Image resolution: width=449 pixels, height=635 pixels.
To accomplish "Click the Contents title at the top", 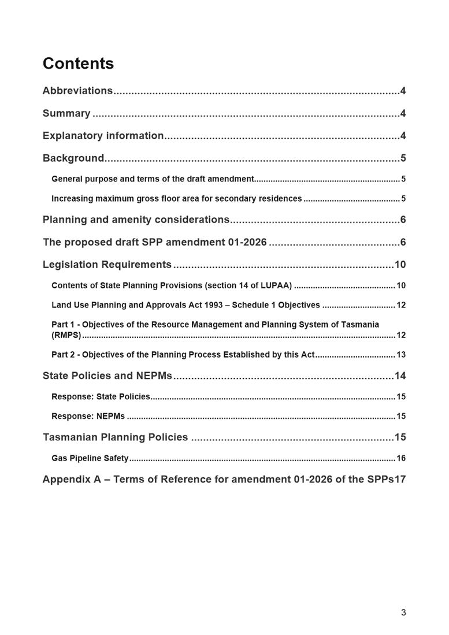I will click(x=78, y=64).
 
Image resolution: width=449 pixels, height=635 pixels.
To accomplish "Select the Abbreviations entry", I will click(x=77, y=91).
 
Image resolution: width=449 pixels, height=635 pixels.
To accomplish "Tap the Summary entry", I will click(x=66, y=113).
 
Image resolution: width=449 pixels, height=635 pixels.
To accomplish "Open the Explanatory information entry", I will click(x=103, y=136).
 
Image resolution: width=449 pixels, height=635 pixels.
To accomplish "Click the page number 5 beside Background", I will click(x=403, y=158).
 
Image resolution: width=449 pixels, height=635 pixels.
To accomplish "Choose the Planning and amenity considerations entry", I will click(x=136, y=220).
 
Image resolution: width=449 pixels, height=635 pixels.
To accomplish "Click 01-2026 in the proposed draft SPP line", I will click(x=247, y=242).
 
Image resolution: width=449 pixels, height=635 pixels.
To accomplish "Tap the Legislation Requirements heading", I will click(x=107, y=265).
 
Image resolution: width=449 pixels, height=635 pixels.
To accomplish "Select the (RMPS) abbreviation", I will click(x=66, y=335).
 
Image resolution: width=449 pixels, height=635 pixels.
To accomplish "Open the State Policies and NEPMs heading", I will click(x=107, y=376).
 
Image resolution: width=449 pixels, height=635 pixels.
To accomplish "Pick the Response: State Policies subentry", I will click(x=101, y=397).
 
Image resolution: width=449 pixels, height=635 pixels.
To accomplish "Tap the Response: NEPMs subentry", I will click(x=88, y=416).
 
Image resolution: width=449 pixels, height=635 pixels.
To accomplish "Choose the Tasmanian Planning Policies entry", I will click(x=115, y=437).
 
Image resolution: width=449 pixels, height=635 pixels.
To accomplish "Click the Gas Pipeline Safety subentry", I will click(x=90, y=458).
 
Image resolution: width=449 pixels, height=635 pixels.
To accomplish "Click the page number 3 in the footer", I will click(x=403, y=613).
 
